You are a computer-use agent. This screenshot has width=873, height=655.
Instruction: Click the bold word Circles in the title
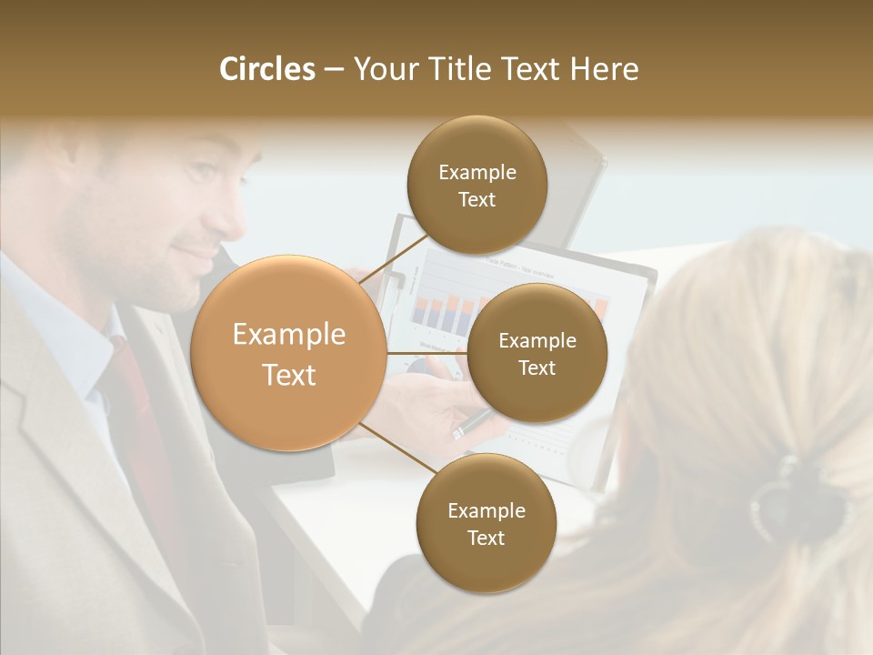[266, 69]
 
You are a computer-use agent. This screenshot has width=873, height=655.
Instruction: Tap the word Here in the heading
[604, 69]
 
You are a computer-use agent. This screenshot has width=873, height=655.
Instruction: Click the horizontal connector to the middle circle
[426, 353]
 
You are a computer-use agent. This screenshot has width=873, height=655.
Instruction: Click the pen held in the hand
[473, 423]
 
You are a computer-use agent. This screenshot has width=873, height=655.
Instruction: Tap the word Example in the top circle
[477, 173]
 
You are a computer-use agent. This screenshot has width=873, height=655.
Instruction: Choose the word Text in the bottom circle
[486, 539]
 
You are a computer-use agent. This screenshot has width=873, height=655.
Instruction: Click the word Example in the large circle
[288, 335]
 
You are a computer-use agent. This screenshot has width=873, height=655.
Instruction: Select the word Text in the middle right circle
[537, 368]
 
